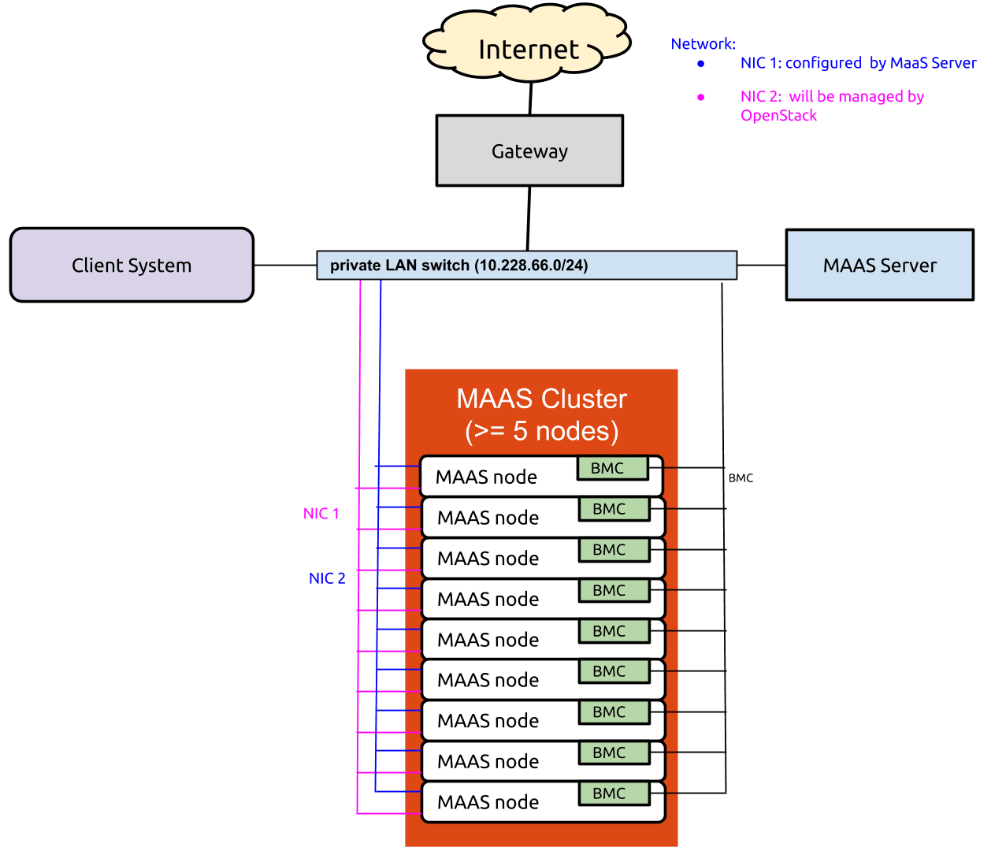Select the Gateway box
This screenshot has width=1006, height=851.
[529, 151]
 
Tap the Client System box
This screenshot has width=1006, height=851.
[132, 266]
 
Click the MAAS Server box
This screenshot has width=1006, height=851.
[879, 266]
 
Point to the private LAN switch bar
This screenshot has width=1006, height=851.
[526, 266]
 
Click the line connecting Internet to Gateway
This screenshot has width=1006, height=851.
[530, 98]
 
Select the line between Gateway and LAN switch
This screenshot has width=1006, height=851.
[529, 218]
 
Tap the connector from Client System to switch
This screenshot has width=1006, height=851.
[284, 266]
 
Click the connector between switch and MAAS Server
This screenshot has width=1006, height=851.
[761, 266]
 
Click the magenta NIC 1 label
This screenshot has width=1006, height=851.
[321, 514]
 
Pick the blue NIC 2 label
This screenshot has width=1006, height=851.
[327, 578]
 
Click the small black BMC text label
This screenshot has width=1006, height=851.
[741, 478]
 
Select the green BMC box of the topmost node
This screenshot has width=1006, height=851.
[612, 468]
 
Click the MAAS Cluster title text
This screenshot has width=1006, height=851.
[541, 399]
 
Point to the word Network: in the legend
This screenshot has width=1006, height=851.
[703, 44]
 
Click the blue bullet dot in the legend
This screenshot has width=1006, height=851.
[700, 64]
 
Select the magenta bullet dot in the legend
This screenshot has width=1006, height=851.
[700, 97]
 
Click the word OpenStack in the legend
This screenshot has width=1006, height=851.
[779, 116]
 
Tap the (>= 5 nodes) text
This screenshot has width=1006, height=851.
[541, 431]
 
